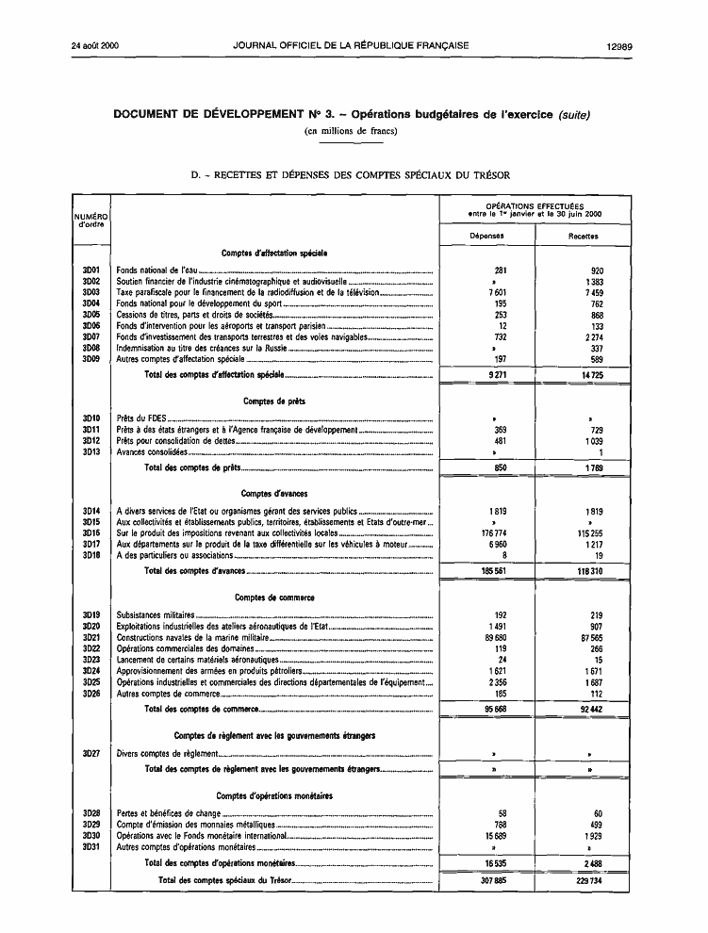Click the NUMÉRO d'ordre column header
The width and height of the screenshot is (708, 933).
tap(91, 221)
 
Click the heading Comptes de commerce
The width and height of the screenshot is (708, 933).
tap(274, 597)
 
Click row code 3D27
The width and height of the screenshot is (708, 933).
tap(91, 753)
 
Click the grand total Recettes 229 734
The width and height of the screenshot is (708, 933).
tap(587, 881)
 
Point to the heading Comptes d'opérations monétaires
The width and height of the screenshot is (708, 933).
tap(273, 796)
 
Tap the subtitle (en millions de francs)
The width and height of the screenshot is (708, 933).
tap(351, 131)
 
